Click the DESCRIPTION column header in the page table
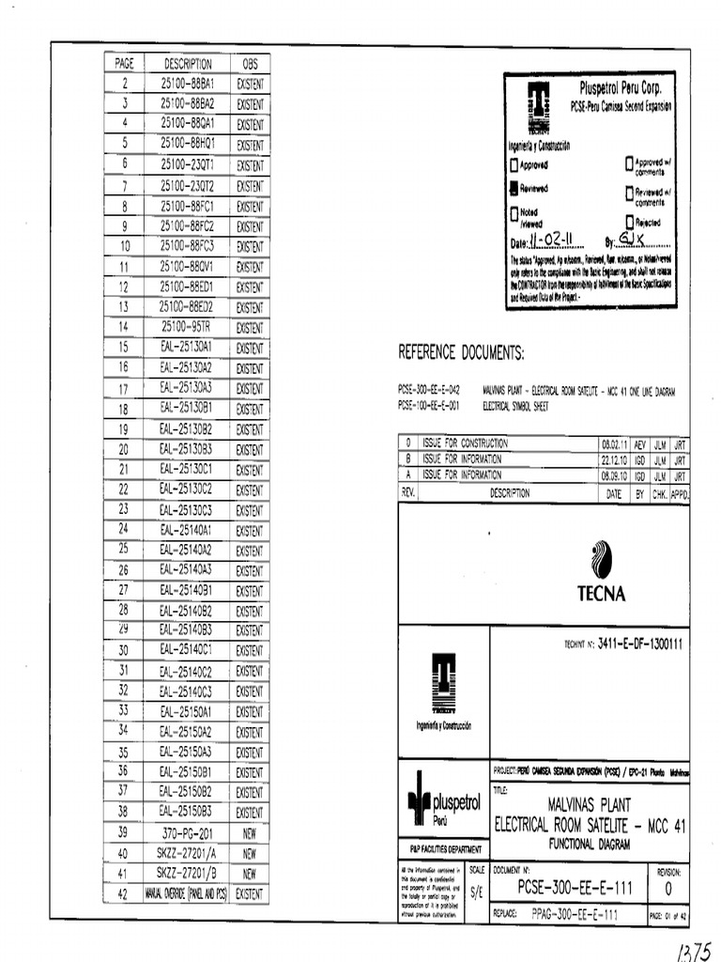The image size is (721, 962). tap(188, 64)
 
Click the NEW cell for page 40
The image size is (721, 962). tap(250, 854)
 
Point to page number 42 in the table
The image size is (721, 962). tap(123, 894)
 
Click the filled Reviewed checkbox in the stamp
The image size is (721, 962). tap(514, 188)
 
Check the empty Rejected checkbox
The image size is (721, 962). tap(629, 222)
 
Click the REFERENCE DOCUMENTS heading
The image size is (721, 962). tap(461, 353)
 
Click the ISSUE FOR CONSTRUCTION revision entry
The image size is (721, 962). tap(464, 442)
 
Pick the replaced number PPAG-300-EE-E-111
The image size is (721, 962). tap(573, 913)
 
